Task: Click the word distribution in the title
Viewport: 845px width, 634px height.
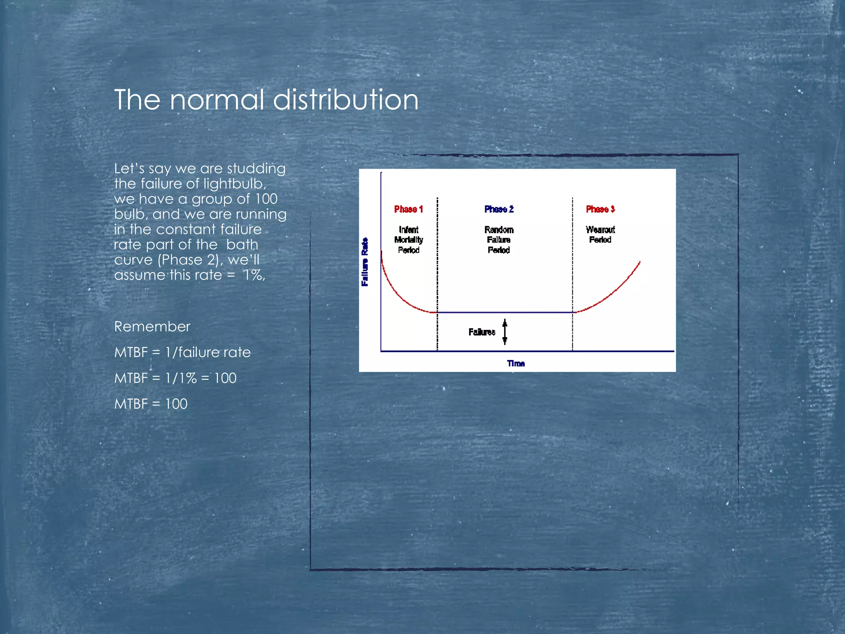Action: click(x=346, y=100)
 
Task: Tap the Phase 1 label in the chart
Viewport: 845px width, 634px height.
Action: click(x=408, y=209)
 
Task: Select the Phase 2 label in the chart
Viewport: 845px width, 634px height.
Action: click(x=499, y=209)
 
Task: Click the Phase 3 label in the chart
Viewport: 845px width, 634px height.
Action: click(x=600, y=209)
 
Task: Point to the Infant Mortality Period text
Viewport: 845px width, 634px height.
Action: click(x=408, y=240)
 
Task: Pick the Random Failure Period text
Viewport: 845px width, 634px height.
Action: click(x=499, y=240)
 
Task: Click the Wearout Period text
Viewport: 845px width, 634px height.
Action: click(x=600, y=234)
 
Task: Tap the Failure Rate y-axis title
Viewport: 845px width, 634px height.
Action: click(x=365, y=262)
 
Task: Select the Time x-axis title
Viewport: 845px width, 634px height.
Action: click(x=516, y=363)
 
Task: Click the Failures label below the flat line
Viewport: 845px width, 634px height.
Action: click(x=482, y=332)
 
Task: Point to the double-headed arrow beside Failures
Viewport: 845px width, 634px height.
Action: click(x=505, y=332)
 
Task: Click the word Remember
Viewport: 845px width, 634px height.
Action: click(x=152, y=326)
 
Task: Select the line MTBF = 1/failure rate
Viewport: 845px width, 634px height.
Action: click(x=182, y=352)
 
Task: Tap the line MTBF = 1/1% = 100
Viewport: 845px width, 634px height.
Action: click(x=175, y=378)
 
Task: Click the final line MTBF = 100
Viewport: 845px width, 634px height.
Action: click(x=151, y=404)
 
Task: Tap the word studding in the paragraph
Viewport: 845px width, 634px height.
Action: click(x=256, y=168)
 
